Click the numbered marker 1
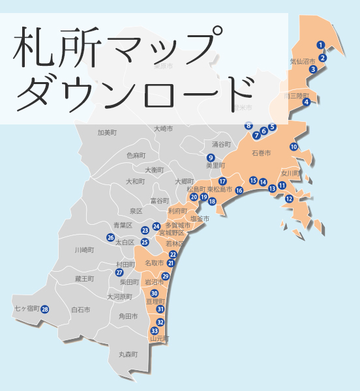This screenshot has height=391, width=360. pos(320,45)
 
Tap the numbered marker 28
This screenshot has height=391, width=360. pos(45,309)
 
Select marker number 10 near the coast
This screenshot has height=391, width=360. pos(293,147)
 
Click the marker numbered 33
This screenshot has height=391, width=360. pos(155,331)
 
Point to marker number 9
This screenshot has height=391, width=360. pos(211,158)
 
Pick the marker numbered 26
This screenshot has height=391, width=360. pos(111,238)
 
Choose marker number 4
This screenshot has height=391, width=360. pos(307,102)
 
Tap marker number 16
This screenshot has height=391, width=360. pos(239,190)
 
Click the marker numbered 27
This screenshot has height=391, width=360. pos(119,272)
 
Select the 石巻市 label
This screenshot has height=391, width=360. pos(261,153)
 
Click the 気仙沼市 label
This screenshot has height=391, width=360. pos(302,62)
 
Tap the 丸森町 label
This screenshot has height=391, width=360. pos(128,355)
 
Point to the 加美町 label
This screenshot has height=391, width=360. pos(107,132)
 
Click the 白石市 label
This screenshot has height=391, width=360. pos(82,310)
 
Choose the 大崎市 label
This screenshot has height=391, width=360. pos(164,129)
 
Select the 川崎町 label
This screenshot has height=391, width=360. pos(85,250)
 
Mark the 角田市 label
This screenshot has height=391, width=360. pos(128,316)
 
